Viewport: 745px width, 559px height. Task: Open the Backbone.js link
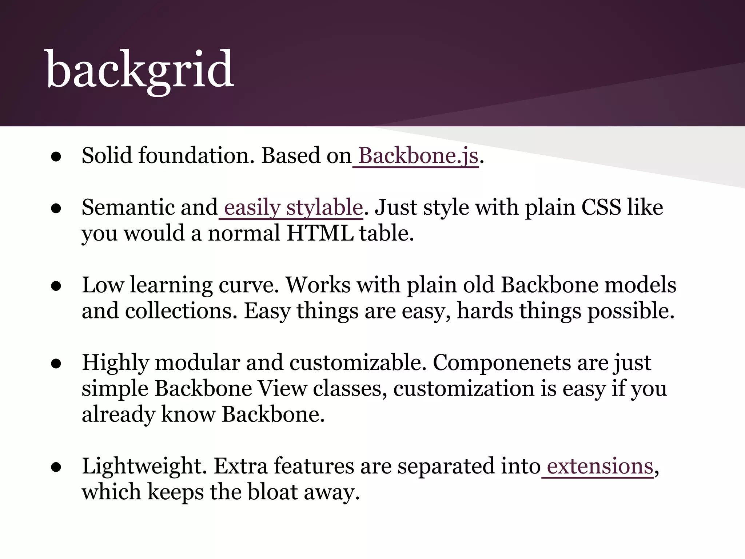tap(418, 156)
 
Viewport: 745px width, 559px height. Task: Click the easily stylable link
tap(293, 207)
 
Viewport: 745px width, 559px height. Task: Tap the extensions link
tap(600, 466)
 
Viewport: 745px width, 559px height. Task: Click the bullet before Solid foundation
tap(56, 157)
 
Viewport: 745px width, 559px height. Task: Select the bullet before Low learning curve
tap(56, 286)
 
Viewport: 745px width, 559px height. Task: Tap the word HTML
tap(320, 233)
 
